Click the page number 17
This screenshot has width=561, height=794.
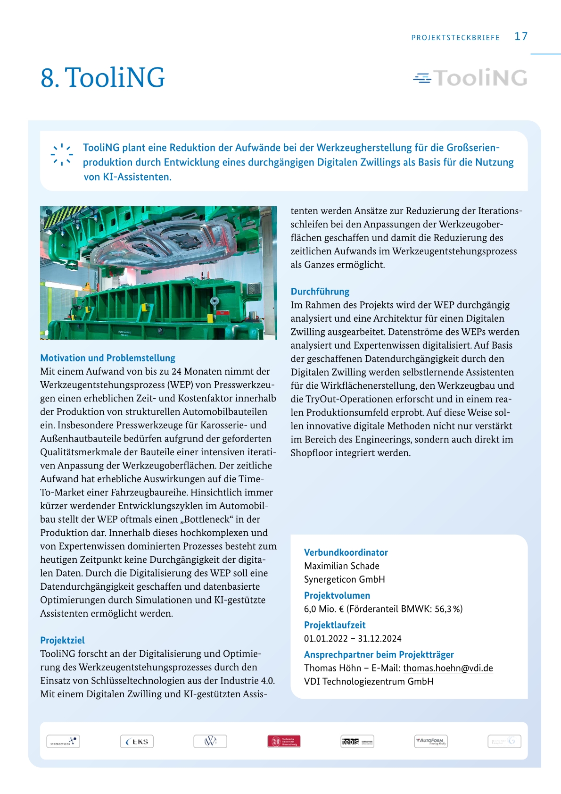521,36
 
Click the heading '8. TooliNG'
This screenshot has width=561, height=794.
103,78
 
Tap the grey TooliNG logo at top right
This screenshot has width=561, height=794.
470,78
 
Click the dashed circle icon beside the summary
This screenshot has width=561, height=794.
62,155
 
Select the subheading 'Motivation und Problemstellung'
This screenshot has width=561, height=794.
107,358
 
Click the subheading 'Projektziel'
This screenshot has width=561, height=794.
62,640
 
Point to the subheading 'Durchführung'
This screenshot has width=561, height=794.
320,292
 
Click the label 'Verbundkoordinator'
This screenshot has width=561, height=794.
346,552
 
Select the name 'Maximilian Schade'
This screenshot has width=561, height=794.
341,566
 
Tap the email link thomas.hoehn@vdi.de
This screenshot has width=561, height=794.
448,668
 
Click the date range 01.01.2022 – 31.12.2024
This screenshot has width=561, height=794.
353,638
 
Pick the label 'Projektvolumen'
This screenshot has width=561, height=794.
337,595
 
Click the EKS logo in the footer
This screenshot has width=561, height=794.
137,742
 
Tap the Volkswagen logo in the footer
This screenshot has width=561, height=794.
210,742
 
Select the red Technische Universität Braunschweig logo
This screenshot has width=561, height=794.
284,742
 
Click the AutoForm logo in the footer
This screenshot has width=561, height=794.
431,742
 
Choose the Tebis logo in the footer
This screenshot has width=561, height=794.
357,742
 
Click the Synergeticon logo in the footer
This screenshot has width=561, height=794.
63,742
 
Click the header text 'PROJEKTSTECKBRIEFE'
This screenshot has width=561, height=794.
455,38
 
